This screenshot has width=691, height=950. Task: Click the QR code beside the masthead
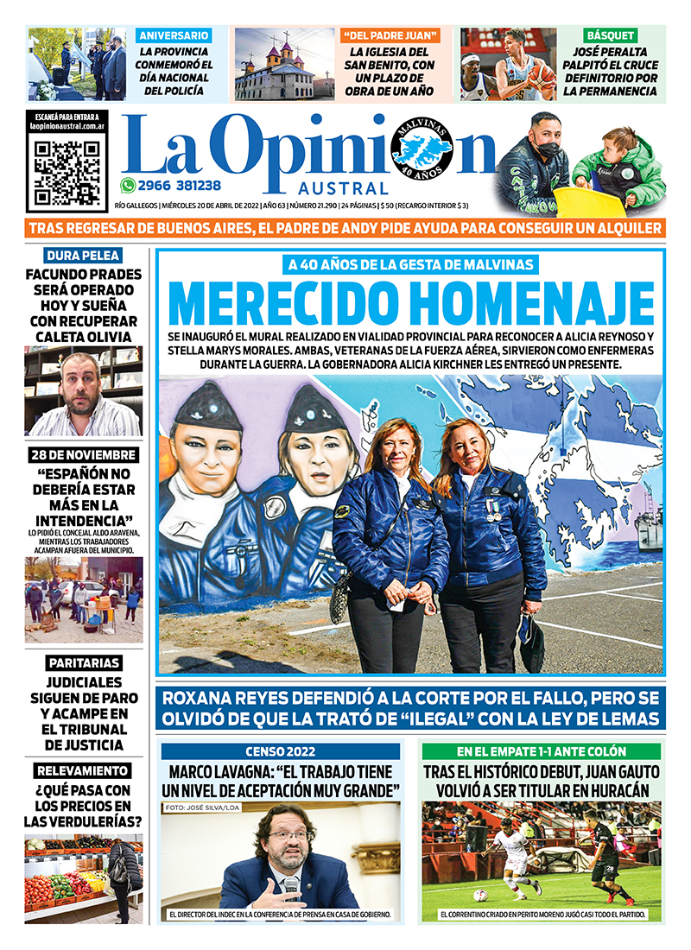[67, 170]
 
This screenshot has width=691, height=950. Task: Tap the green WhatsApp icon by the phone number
[128, 185]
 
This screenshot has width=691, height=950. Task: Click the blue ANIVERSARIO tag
[174, 35]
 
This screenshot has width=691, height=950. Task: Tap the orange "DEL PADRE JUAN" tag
[390, 35]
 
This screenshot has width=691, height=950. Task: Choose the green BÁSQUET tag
[611, 35]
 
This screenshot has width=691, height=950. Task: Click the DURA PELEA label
[83, 255]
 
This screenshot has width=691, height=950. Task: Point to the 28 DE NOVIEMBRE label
[82, 455]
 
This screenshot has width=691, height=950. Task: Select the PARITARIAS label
[84, 663]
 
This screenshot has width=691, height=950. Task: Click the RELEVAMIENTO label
[83, 770]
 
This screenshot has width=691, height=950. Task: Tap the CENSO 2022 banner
[281, 751]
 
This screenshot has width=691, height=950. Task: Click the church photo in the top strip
[284, 64]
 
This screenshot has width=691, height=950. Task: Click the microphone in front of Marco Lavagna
[291, 886]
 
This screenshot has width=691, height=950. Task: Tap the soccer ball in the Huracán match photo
[481, 896]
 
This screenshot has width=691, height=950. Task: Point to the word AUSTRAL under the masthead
[344, 188]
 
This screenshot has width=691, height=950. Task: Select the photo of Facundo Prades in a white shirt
[82, 391]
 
